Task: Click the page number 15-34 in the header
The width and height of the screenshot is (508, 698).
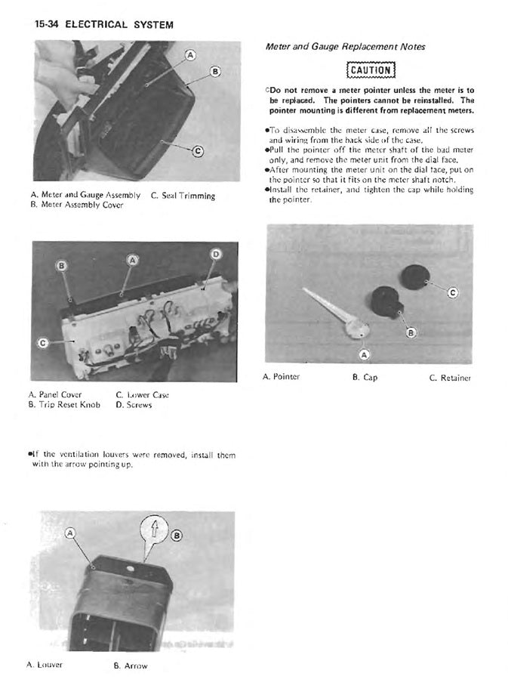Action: (46, 24)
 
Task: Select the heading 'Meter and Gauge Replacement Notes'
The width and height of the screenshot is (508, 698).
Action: (345, 47)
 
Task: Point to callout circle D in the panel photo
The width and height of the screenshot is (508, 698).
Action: (215, 255)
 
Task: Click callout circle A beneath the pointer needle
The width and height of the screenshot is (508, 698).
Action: (364, 353)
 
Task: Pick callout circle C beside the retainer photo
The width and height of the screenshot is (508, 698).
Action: (452, 292)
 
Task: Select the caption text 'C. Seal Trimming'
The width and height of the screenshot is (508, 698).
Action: (183, 196)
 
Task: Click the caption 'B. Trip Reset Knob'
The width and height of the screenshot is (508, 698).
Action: (64, 405)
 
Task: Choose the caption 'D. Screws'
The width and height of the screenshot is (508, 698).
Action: (134, 405)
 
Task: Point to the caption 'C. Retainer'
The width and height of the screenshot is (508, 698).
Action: (450, 377)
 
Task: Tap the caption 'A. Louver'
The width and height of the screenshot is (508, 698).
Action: (45, 665)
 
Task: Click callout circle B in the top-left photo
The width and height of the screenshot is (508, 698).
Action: (215, 72)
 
